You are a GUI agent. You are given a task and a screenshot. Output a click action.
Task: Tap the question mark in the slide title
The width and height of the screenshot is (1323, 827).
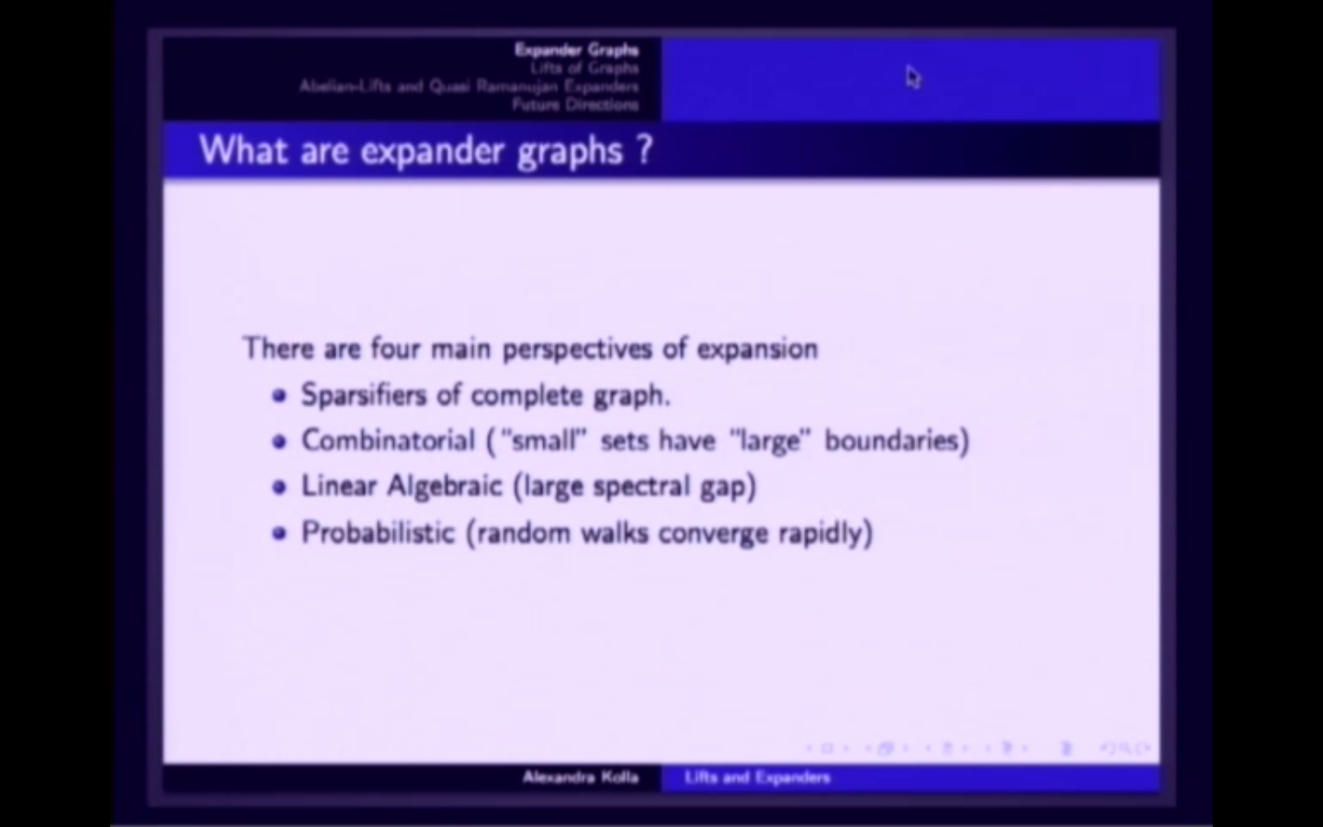tap(643, 149)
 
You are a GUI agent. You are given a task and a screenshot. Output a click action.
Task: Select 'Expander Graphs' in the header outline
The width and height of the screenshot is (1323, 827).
tap(576, 50)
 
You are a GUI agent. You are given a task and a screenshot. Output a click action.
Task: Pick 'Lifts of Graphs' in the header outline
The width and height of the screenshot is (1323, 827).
tap(583, 68)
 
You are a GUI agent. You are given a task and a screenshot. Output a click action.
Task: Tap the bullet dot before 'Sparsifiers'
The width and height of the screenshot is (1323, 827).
tap(279, 396)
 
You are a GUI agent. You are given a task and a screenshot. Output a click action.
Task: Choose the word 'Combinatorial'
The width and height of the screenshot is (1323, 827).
tap(388, 441)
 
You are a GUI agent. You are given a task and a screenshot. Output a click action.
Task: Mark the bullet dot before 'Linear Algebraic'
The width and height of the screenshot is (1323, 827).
tap(279, 487)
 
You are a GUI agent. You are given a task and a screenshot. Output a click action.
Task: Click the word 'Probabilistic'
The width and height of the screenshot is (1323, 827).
tap(378, 533)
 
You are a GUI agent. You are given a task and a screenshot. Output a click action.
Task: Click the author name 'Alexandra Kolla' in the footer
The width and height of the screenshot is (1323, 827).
tap(580, 777)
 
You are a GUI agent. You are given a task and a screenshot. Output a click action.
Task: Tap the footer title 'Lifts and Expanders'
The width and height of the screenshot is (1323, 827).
tap(757, 777)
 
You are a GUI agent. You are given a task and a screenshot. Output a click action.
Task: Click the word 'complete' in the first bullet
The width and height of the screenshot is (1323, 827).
tap(526, 396)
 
